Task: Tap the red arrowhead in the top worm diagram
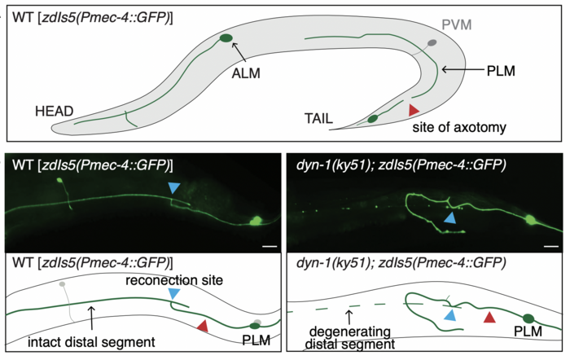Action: (x=414, y=108)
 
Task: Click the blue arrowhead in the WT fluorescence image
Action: (x=173, y=189)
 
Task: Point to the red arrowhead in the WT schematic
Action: (x=204, y=326)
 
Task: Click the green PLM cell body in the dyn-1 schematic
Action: (x=529, y=318)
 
